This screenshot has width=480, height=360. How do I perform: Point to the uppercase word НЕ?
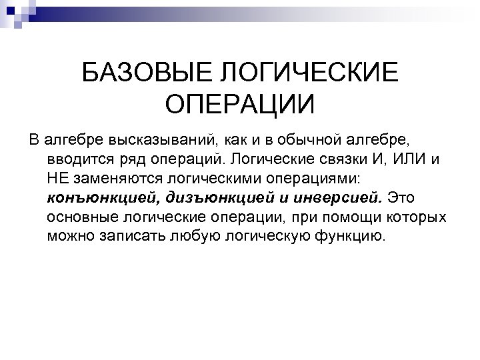pyautogui.click(x=58, y=179)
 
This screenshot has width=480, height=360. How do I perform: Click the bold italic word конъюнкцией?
pyautogui.click(x=97, y=199)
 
